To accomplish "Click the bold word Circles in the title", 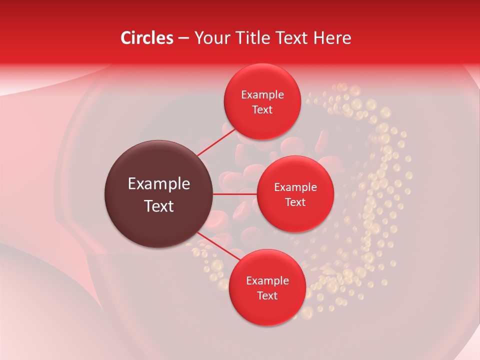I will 147,38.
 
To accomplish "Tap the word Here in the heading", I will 332,38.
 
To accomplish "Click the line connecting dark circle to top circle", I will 216,142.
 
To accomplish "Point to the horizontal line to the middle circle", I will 235,193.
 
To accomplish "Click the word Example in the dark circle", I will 159,184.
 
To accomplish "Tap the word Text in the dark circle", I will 159,206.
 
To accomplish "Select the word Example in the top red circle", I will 262,95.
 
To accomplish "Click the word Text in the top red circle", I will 262,110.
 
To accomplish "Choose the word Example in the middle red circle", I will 295,187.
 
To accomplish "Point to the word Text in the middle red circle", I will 295,202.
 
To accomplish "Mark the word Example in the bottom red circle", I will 267,281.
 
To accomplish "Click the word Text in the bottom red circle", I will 267,296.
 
